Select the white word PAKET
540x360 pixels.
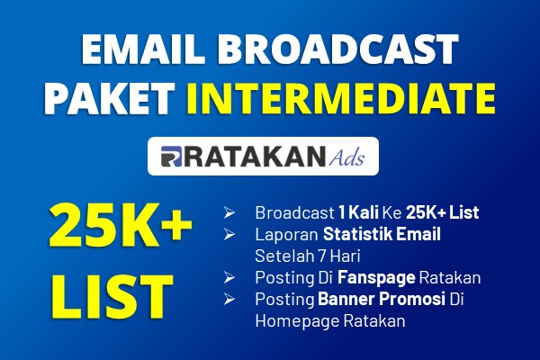[x=110, y=98]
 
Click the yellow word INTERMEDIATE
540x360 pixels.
[x=341, y=98]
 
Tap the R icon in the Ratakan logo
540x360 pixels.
[x=171, y=157]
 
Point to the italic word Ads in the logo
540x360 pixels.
[x=346, y=157]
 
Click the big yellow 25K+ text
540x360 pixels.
[x=121, y=225]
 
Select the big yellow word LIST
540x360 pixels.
[x=112, y=297]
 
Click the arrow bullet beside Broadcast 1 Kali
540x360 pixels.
[x=229, y=213]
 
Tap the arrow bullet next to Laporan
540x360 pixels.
[x=229, y=234]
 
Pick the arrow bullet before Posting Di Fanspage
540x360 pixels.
[x=229, y=278]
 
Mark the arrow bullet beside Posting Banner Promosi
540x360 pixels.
[x=229, y=299]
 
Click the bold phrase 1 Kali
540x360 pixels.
[x=358, y=212]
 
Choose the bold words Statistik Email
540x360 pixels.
[x=382, y=234]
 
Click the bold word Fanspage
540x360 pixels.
[x=376, y=278]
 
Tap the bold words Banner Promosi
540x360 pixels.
[x=382, y=299]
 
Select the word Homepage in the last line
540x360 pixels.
[x=298, y=321]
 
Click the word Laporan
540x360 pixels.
[x=286, y=235]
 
